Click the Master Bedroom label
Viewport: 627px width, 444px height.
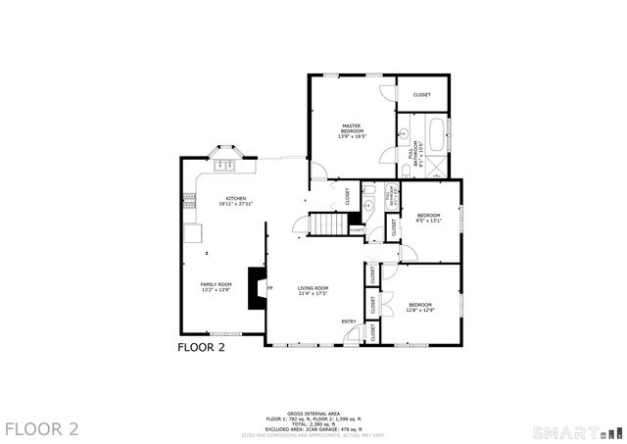pos(352,130)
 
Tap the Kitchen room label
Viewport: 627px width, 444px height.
pos(235,201)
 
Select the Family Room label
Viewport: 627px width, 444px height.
pos(215,287)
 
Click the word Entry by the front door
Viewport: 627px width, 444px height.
pos(348,321)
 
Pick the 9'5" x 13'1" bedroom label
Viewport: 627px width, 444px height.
pos(428,218)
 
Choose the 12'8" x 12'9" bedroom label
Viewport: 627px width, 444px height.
pos(420,307)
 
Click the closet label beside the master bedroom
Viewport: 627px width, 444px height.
pos(421,95)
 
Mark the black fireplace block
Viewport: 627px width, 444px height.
pos(257,288)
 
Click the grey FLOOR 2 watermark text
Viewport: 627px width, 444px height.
pos(41,428)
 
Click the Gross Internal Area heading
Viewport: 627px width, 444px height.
pos(313,413)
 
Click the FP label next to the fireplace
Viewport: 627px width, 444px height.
pos(269,287)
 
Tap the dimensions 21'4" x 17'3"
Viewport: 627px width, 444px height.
pos(313,293)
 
